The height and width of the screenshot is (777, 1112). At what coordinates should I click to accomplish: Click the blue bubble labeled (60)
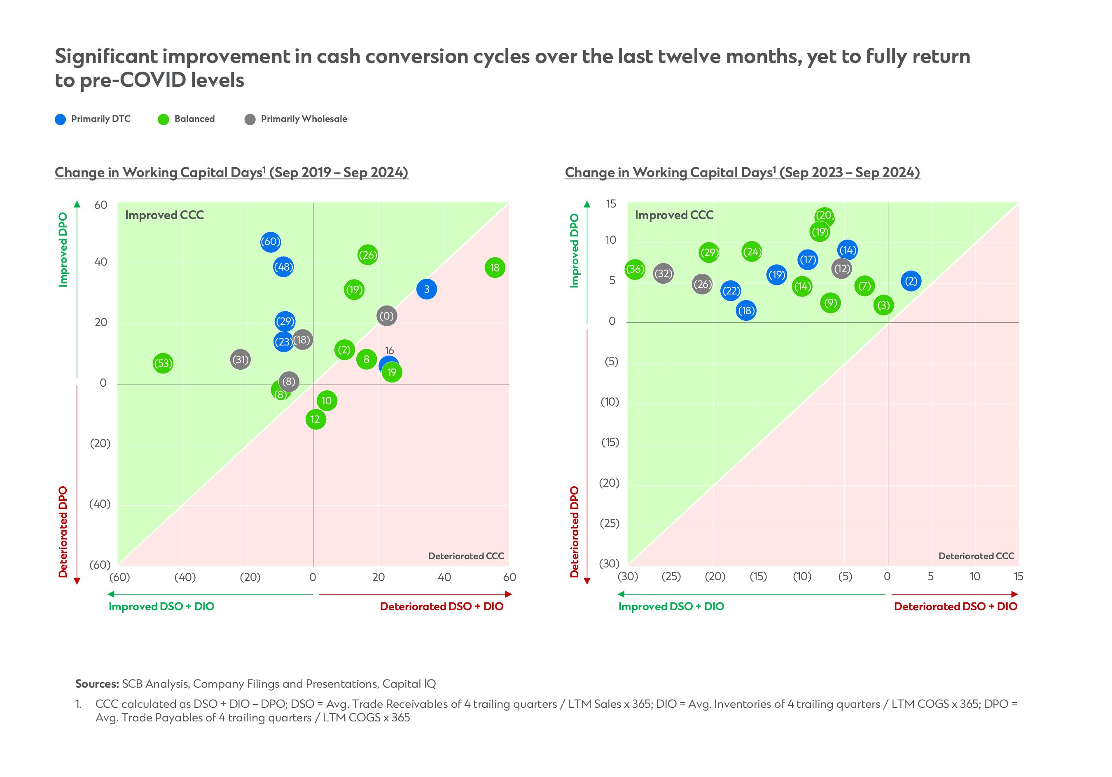coord(270,242)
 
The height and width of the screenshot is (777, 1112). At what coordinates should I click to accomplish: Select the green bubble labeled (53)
coord(163,364)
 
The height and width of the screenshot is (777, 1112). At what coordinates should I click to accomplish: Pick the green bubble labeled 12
coord(315,419)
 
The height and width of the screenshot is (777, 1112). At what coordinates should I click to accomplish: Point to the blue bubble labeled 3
coord(426,289)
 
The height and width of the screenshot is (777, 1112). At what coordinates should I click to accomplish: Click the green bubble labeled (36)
coord(635,269)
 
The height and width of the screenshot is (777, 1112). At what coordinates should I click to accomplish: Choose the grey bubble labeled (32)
coord(663,273)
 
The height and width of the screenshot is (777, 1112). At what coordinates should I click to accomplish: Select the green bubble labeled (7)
coord(864,286)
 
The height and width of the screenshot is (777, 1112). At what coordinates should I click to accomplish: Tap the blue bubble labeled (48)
coord(283,267)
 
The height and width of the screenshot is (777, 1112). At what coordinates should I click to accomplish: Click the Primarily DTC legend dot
coord(61,119)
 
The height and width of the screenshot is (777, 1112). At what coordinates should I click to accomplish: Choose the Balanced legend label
coord(194,119)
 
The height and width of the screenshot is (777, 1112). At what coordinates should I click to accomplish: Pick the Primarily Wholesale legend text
coord(304,119)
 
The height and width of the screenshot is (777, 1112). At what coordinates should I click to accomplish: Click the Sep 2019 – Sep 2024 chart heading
coord(231,173)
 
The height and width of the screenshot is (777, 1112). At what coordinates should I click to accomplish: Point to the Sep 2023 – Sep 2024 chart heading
coord(742,173)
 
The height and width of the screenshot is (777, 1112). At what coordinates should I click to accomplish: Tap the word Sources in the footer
coord(97,684)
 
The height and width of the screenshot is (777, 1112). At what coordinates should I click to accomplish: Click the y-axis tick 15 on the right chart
coord(611,204)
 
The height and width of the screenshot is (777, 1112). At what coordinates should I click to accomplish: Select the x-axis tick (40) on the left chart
coord(185,577)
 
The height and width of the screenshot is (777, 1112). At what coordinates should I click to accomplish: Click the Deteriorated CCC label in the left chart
coord(466,556)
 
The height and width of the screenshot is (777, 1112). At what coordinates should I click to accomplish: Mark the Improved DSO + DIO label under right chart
coord(671,607)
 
